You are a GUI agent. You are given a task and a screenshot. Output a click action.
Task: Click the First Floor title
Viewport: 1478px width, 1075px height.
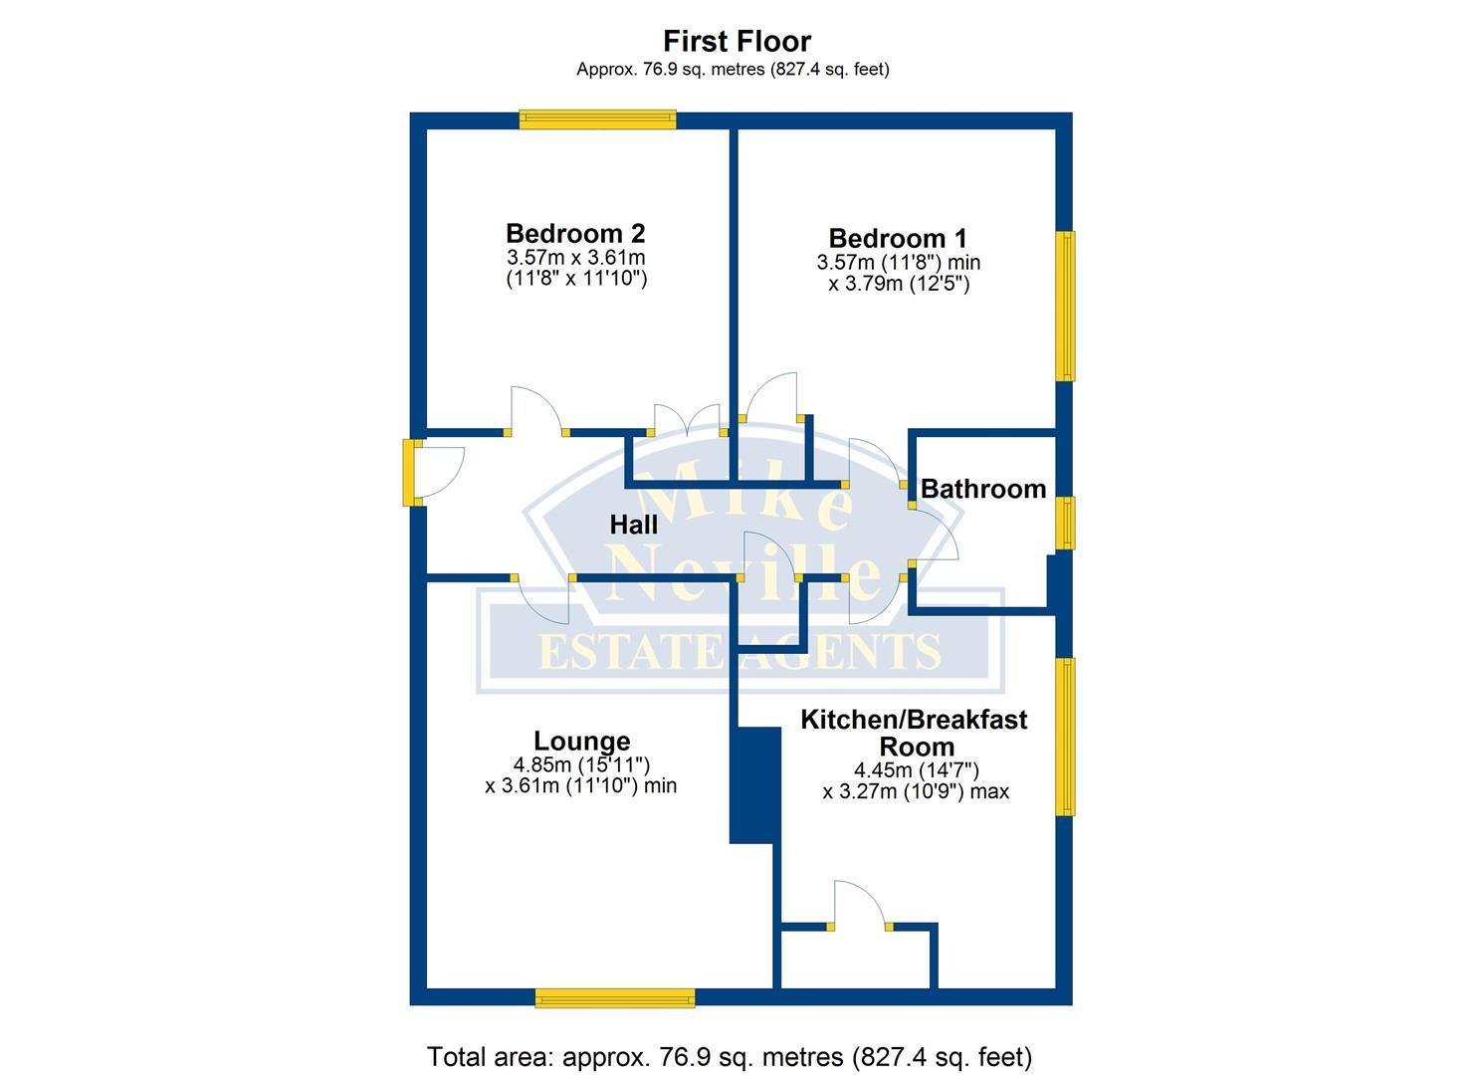tap(737, 41)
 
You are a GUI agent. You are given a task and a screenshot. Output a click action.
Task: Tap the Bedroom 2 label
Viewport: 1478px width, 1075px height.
tap(575, 233)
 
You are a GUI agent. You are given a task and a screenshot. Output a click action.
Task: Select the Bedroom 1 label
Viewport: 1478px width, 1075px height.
tap(898, 238)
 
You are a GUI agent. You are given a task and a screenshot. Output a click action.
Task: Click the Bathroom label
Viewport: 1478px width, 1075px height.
tap(982, 489)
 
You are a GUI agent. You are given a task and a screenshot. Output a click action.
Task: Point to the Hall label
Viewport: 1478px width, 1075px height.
tap(634, 524)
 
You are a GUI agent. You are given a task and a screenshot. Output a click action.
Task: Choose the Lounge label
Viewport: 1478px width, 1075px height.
tap(581, 741)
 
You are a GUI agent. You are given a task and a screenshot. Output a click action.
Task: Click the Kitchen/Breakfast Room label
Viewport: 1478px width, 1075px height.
tap(914, 733)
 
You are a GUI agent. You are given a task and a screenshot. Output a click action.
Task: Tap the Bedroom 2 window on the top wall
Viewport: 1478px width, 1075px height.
tap(597, 120)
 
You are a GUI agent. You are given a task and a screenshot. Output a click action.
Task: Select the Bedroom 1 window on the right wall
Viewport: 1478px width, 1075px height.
tap(1065, 306)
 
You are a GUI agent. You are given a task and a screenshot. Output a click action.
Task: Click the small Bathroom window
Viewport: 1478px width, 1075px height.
tap(1065, 523)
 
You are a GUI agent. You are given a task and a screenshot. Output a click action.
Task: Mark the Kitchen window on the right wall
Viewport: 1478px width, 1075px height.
tap(1065, 737)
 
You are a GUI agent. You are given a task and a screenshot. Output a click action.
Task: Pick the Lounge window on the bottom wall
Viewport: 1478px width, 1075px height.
tap(614, 997)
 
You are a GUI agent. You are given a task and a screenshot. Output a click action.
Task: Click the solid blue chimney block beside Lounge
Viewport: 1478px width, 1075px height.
tap(753, 785)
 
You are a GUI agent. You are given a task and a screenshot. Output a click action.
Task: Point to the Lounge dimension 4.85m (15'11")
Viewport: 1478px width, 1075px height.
tap(581, 764)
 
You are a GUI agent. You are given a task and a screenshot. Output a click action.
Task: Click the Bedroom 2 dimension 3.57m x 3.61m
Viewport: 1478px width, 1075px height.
tap(575, 258)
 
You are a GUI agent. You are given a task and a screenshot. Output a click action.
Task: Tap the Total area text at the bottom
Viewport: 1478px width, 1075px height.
tap(730, 1056)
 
